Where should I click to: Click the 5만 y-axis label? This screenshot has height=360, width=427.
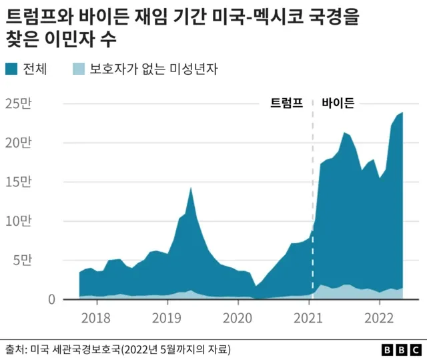tap(21, 260)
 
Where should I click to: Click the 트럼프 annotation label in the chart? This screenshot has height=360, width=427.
tap(287, 103)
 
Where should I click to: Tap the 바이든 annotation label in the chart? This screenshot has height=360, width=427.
tap(338, 103)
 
